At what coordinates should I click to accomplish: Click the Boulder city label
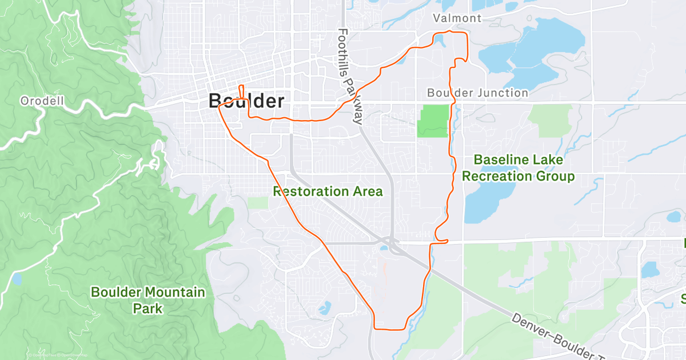coord(246,101)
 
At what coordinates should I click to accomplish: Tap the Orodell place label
coord(42,101)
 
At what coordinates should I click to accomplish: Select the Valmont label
coord(457,18)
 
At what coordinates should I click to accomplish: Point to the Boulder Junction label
coord(478,93)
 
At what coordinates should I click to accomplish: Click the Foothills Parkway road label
coord(350,77)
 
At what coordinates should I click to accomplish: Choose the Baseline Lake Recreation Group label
coord(518,169)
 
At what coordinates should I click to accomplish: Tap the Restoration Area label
coord(328,191)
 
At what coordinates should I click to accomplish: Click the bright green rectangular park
coord(433,121)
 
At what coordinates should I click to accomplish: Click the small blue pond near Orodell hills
coord(17,279)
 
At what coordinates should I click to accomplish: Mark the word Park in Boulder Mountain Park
coord(147,309)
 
